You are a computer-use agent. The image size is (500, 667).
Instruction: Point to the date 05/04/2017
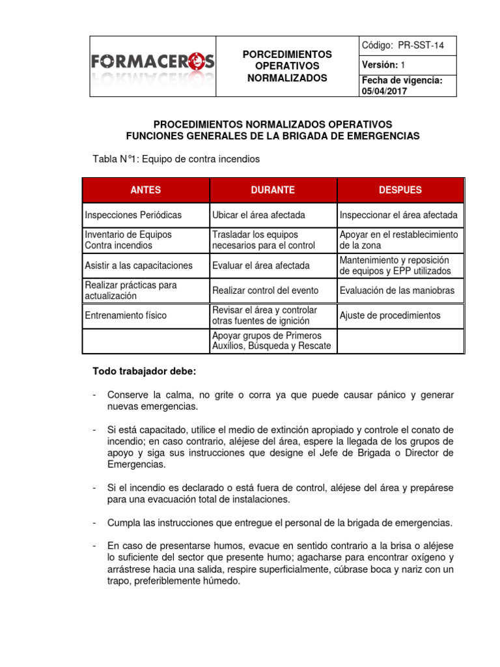click(x=385, y=91)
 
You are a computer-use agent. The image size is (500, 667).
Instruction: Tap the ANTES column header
click(x=146, y=190)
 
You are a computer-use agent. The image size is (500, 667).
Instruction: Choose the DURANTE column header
click(x=273, y=190)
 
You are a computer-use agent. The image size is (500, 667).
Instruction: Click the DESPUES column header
click(x=400, y=190)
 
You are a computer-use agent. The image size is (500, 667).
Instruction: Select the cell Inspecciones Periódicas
click(x=133, y=215)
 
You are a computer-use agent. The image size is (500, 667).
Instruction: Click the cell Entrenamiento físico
click(x=126, y=315)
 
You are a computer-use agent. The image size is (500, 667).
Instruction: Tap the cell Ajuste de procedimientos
click(x=390, y=315)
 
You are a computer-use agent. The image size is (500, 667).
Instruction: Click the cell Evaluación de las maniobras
click(x=397, y=291)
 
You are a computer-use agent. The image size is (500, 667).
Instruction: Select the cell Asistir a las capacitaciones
click(x=139, y=266)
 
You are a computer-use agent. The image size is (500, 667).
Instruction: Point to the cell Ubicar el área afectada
click(x=258, y=215)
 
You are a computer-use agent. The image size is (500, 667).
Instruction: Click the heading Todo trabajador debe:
click(x=144, y=371)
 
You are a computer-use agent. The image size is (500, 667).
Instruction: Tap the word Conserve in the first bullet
click(x=128, y=395)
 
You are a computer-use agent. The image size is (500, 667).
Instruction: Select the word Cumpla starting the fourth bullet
click(x=124, y=523)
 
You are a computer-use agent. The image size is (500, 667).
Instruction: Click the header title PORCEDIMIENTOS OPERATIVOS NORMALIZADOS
click(x=287, y=66)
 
